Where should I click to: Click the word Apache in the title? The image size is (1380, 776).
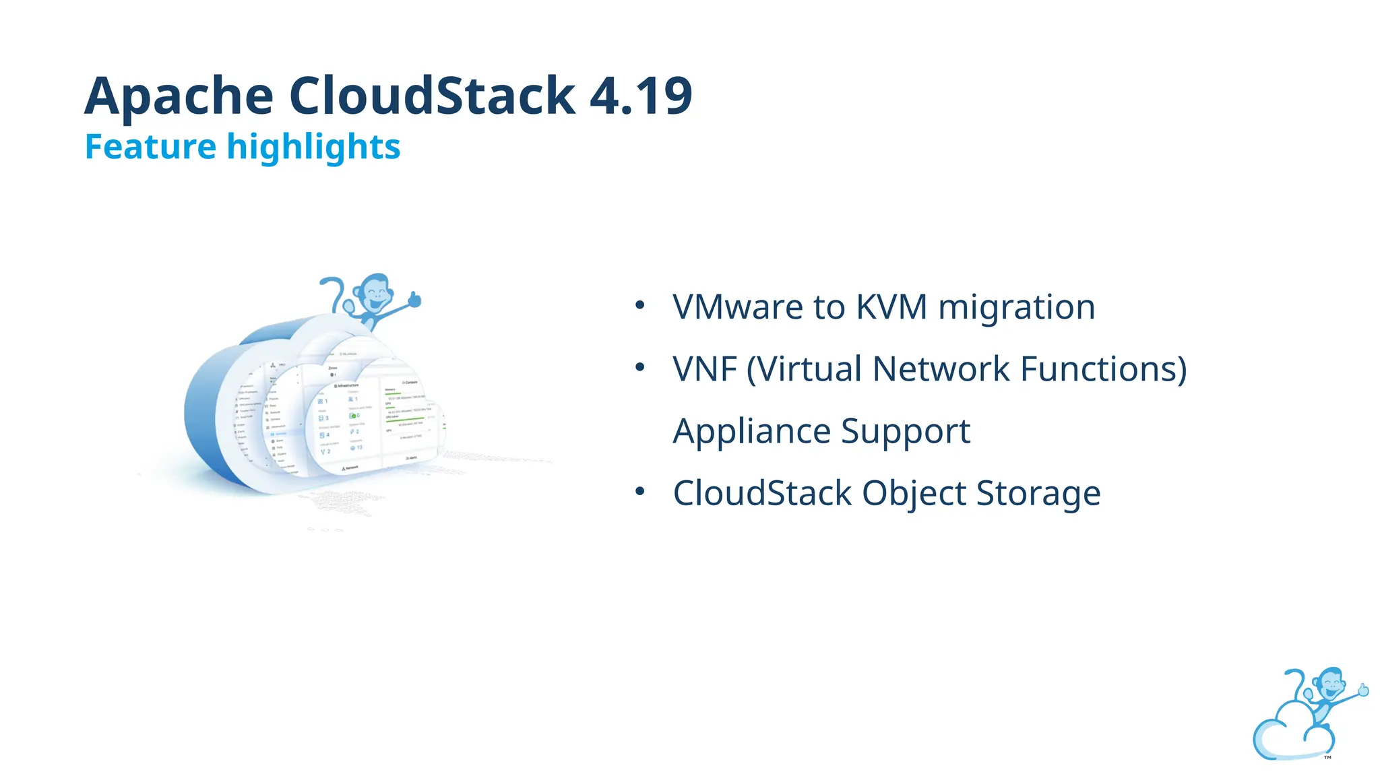179,96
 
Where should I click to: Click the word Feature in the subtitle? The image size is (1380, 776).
150,147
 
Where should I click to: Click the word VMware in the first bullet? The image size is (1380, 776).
738,307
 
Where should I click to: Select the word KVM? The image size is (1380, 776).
891,307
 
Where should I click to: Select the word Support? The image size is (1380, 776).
906,432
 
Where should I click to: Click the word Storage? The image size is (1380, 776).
1038,494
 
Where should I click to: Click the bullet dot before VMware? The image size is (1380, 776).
640,306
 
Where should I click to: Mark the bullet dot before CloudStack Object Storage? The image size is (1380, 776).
640,492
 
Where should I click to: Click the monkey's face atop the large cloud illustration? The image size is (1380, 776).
375,292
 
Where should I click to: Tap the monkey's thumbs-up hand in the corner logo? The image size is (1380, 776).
1363,690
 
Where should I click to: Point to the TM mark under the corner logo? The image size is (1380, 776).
1327,758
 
